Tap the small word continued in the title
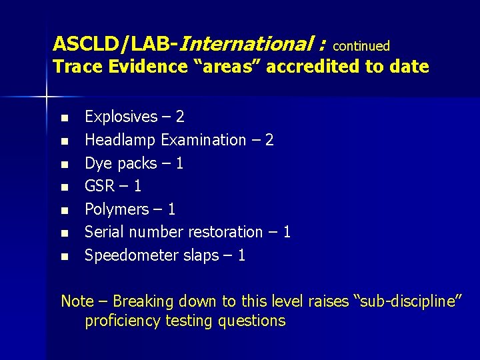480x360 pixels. [361, 46]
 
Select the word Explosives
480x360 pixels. [121, 117]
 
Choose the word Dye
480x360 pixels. [99, 163]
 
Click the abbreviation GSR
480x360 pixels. [100, 186]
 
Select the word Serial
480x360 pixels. [103, 232]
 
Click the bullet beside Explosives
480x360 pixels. [64, 118]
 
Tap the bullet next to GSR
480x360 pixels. [64, 187]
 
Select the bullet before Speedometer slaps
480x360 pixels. [64, 257]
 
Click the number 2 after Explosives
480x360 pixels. [180, 117]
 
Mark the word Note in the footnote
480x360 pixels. [77, 301]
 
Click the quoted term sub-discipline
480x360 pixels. [407, 301]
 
